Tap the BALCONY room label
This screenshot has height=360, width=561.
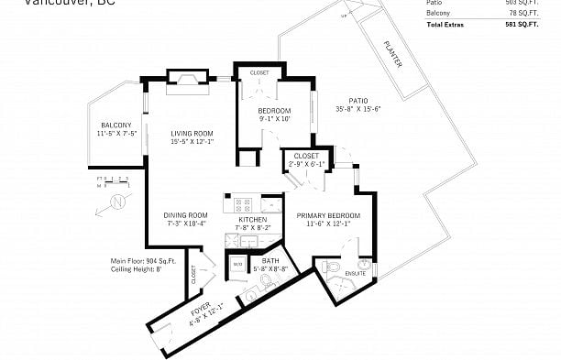116,125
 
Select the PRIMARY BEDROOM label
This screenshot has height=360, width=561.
328,215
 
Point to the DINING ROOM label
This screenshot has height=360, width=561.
186,215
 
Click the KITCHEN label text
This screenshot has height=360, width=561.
252,221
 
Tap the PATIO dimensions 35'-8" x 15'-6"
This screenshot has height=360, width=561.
357,109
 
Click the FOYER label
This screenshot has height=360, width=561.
200,310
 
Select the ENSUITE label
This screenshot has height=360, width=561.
355,272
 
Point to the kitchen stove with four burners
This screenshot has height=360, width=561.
244,204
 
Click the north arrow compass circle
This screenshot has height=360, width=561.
117,201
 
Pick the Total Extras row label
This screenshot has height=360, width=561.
445,24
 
